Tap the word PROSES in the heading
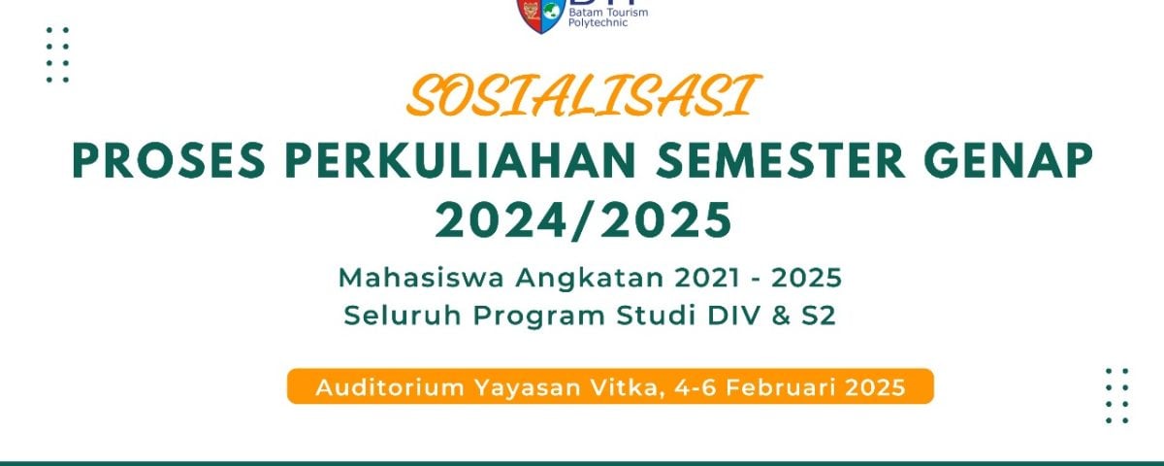coord(169,161)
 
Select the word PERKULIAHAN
coord(461,161)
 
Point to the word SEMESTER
coord(781,161)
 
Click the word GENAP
coord(1009,161)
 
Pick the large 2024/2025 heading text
coord(584,221)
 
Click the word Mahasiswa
coord(421,278)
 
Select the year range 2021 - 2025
coord(759,278)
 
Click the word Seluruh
coord(403,316)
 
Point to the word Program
coord(539,316)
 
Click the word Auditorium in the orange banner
coord(390,387)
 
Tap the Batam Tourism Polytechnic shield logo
coord(539,16)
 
